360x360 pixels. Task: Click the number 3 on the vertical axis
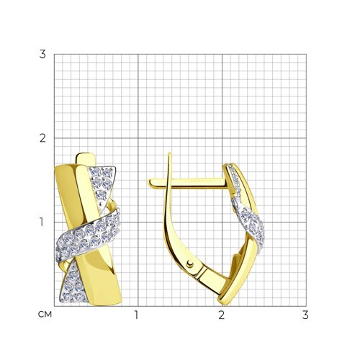[42, 54]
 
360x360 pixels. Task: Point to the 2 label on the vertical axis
[42, 138]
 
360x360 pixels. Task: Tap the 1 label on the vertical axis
[42, 222]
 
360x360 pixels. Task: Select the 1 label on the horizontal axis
[136, 315]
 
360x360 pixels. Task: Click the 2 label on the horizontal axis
[221, 315]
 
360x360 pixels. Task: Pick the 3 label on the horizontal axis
[305, 315]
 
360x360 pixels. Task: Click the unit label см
[45, 315]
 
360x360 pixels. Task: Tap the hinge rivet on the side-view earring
[190, 264]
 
